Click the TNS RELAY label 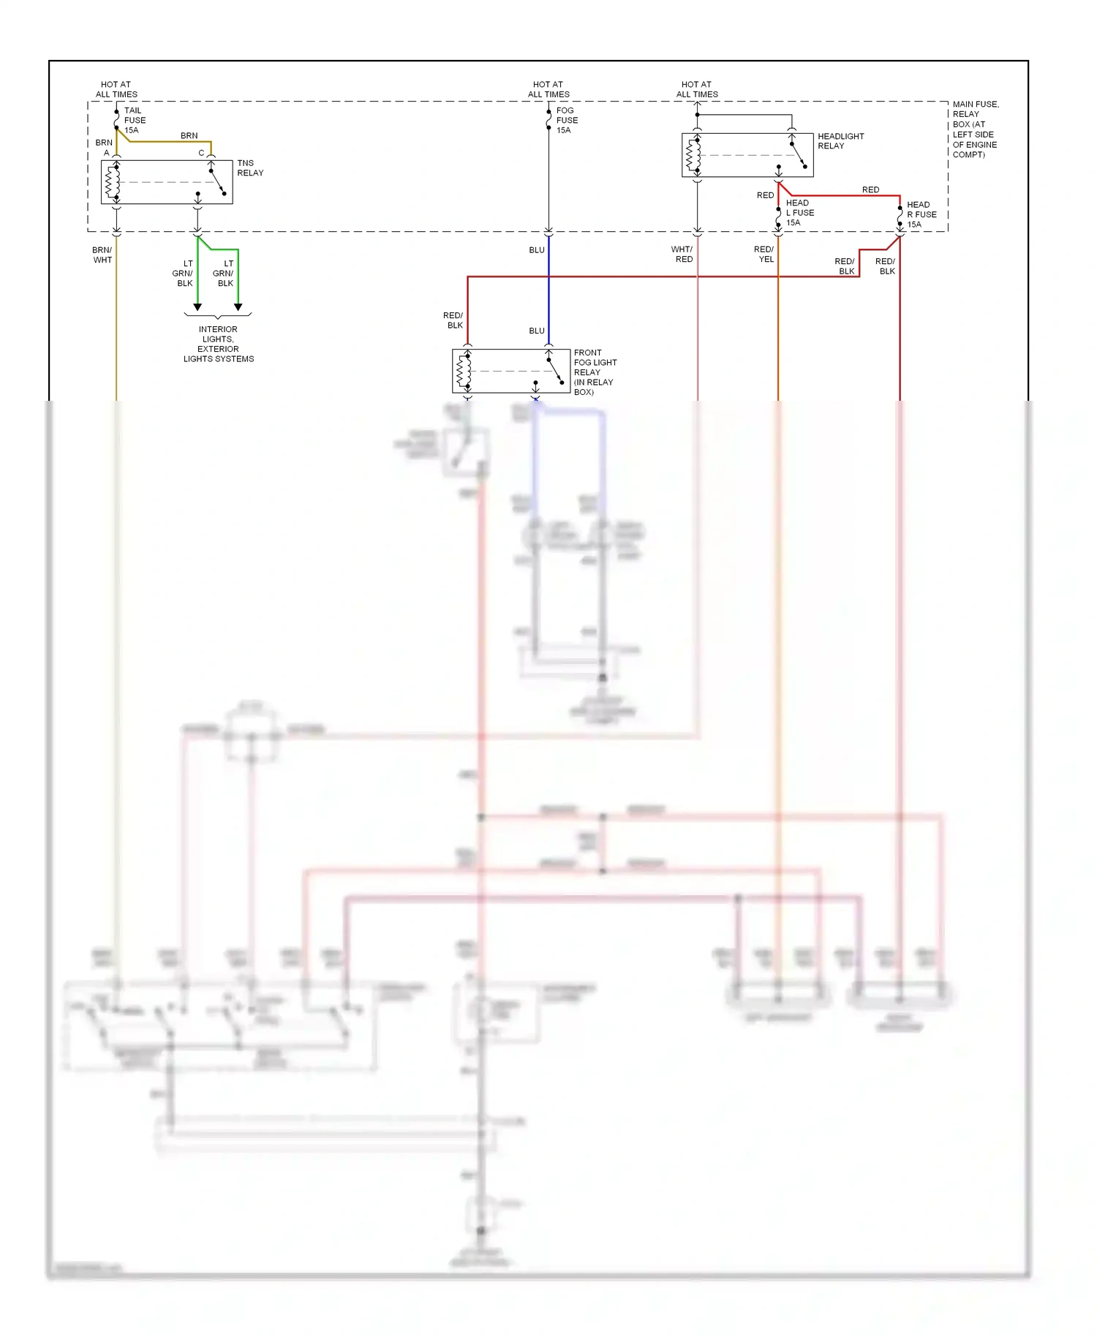click(250, 168)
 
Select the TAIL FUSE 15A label click(135, 120)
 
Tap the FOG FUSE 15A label click(566, 120)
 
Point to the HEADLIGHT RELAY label click(840, 141)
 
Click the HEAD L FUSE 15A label click(799, 213)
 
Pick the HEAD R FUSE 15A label click(921, 214)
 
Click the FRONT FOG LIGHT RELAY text click(595, 372)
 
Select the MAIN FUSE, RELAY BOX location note click(975, 129)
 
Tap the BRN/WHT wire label click(102, 255)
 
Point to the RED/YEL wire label click(764, 254)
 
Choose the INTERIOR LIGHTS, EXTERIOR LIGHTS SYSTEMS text click(218, 344)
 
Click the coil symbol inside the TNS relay click(112, 182)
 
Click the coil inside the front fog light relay click(463, 371)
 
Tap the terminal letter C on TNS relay click(201, 153)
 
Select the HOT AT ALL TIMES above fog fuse click(548, 89)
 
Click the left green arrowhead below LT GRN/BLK click(197, 307)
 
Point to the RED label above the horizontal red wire click(870, 189)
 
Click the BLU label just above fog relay click(537, 331)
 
